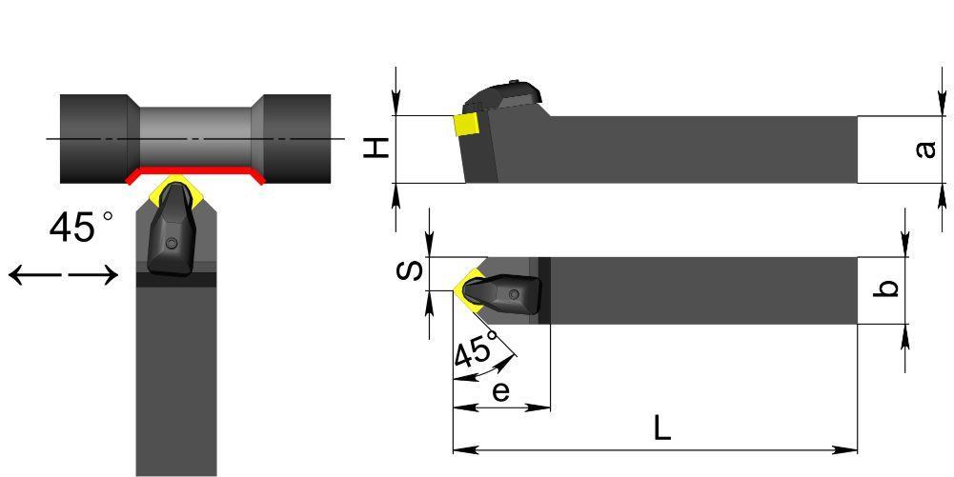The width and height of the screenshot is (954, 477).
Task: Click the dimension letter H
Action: coord(377,148)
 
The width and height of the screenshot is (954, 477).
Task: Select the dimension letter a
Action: coord(925,149)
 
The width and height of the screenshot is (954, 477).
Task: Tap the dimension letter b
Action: coord(889,288)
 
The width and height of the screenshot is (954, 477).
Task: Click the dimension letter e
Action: coord(500,392)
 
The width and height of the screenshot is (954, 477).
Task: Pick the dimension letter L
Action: coord(662,429)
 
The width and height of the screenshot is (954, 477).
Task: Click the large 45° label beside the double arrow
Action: coord(81,228)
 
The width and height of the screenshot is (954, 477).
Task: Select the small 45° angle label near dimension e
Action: coord(476,351)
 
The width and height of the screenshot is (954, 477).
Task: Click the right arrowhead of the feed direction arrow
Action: coord(109,275)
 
